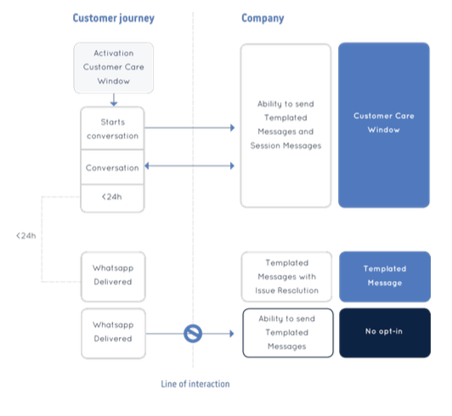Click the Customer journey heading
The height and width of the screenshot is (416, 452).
point(113,18)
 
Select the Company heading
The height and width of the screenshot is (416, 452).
point(263,18)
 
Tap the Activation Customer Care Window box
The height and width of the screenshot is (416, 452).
point(114,68)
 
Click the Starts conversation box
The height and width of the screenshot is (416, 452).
point(112,128)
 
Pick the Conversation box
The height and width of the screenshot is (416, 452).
point(112,167)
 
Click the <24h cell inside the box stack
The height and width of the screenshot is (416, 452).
point(112,198)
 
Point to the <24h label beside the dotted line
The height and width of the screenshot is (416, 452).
point(26,236)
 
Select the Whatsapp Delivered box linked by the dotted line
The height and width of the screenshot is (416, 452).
point(113,277)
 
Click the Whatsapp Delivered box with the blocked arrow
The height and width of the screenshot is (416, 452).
point(113,334)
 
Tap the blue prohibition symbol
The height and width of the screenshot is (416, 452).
point(193,334)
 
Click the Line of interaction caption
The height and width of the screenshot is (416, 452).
point(195,384)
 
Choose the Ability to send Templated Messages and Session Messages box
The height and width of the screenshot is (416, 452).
point(285,126)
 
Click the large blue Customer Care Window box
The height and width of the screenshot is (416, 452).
point(384,125)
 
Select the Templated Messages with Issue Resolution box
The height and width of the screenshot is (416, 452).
point(286,277)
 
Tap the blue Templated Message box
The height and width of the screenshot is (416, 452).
point(385,277)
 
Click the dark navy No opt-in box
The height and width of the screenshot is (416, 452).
point(385,333)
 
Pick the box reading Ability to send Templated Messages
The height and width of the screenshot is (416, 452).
point(288,333)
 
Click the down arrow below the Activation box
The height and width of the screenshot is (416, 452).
point(114,99)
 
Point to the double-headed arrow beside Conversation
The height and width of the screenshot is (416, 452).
point(189,166)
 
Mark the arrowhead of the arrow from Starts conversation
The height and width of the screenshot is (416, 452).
point(232,127)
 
